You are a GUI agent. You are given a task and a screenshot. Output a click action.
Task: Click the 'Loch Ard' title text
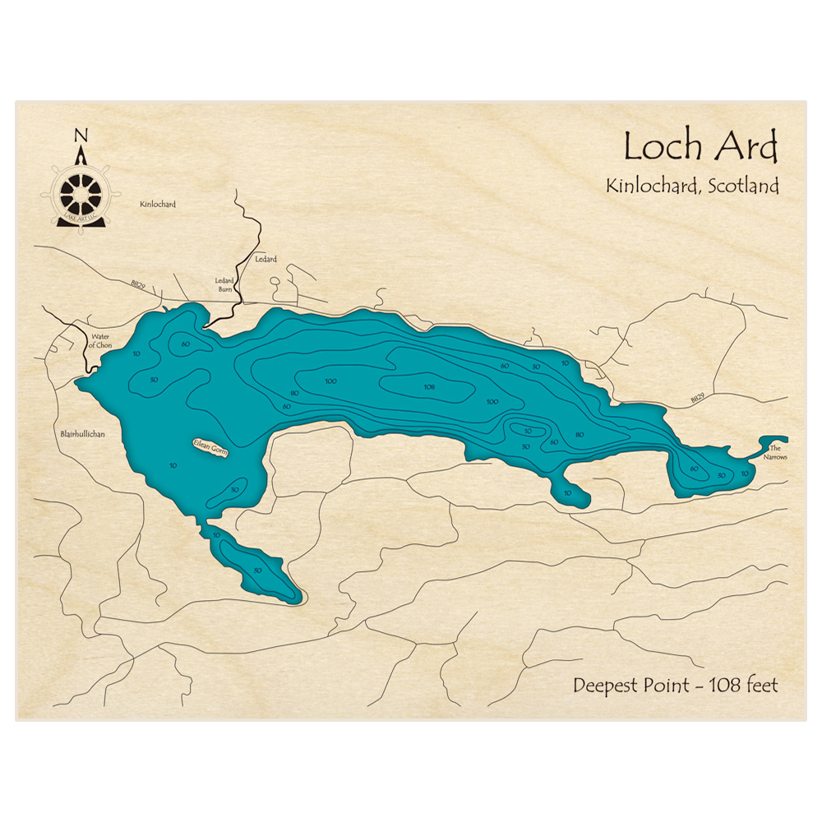700,148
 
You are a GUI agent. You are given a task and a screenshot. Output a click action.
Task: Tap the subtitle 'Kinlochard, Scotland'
692,187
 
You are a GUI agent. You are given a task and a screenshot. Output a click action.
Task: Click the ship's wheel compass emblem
81,195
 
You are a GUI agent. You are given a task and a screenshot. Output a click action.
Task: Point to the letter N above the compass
80,136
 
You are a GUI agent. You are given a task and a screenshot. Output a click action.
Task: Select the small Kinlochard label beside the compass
159,204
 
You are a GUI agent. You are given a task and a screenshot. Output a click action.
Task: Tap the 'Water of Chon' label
101,342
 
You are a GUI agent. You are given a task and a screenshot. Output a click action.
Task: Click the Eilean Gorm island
211,448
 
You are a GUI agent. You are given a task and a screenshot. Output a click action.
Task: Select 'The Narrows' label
774,452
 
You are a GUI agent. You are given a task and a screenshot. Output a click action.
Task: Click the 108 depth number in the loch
428,386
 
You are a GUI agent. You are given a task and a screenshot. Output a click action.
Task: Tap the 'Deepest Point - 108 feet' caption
675,685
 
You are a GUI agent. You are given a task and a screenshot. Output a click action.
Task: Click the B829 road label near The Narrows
697,398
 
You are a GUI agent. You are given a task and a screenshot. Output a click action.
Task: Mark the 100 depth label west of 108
330,381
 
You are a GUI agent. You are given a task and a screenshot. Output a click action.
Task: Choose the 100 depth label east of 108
492,401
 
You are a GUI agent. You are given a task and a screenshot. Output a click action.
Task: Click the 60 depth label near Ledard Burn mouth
186,344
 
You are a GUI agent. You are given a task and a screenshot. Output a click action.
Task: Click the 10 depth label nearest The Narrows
745,473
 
